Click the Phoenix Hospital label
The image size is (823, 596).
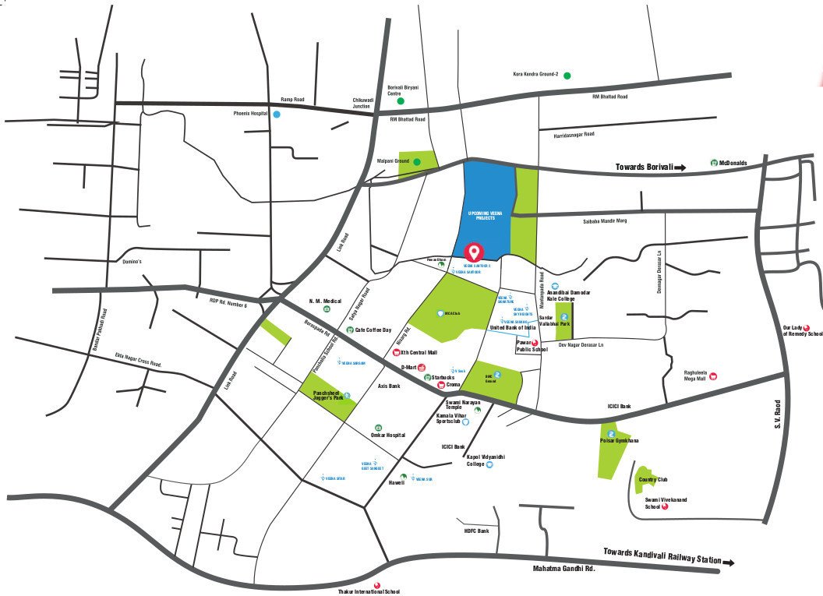[250, 114]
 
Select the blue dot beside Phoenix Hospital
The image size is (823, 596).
[276, 114]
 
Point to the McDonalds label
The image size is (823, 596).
[733, 163]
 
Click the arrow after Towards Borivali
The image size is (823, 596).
[680, 167]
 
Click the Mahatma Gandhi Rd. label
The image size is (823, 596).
[563, 569]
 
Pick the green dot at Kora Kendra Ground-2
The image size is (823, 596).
[567, 75]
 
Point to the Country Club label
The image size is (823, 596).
[653, 480]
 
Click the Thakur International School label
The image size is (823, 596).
[369, 591]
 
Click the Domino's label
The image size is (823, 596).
[130, 262]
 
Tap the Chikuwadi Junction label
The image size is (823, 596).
[361, 104]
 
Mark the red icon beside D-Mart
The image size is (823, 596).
[422, 366]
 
